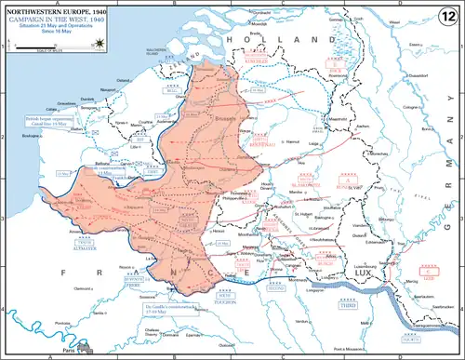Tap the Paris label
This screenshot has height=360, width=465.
coord(69,349)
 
